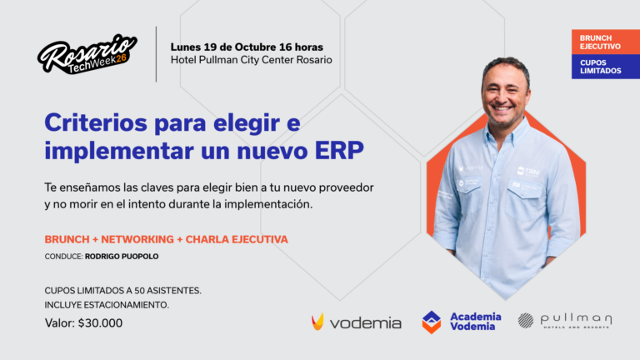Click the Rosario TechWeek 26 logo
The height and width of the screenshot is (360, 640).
point(87,54)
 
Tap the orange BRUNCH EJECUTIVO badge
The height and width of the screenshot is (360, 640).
point(606,42)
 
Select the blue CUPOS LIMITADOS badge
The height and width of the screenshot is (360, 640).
point(606,67)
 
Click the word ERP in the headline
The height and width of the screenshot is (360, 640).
point(339,151)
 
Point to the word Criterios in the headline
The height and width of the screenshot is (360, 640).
point(96,122)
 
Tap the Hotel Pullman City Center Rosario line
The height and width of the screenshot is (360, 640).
point(251,60)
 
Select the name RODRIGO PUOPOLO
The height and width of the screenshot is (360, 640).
point(122,257)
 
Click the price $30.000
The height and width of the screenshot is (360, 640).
point(100,322)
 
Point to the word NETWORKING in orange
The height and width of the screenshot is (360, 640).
point(137,239)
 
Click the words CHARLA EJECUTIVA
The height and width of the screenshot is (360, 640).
point(237,239)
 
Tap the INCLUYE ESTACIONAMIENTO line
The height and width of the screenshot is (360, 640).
point(107,305)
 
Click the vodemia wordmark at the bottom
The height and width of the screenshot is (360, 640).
point(365,323)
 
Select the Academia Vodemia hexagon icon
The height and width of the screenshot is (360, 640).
point(432,322)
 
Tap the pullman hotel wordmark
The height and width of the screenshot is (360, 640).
point(577,321)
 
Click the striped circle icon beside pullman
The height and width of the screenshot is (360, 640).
point(526,320)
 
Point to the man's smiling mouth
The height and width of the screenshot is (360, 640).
point(502,108)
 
